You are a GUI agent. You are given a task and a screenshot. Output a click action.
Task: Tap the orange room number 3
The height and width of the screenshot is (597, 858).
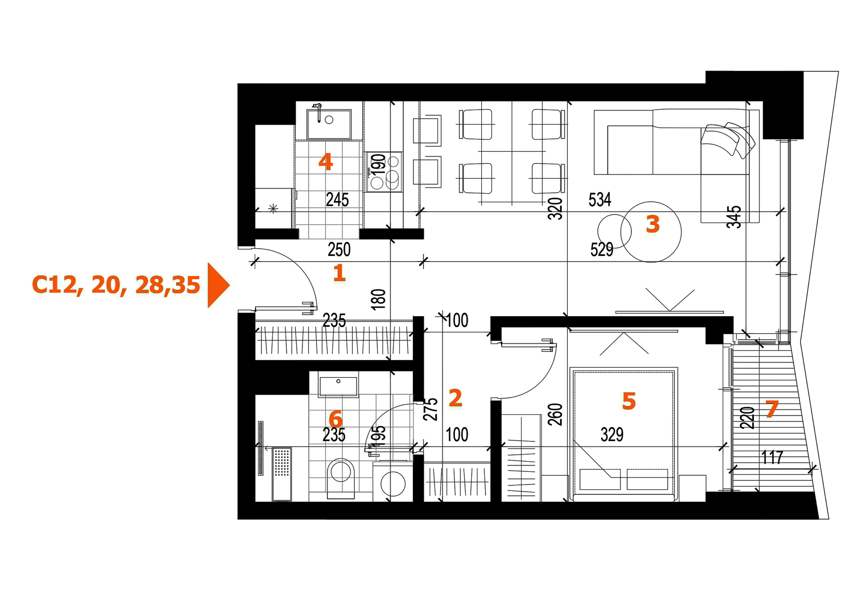(653, 224)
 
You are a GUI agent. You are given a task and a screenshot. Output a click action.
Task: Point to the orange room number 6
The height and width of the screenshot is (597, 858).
(335, 419)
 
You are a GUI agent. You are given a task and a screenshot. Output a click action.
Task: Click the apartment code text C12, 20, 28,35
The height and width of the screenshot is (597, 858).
(116, 285)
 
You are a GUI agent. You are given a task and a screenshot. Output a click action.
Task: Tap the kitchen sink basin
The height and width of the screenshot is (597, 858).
(329, 124)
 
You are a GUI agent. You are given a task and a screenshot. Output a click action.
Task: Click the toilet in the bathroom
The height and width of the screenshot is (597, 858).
(341, 478)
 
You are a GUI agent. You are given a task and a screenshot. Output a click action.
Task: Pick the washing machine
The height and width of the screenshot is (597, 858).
(393, 483)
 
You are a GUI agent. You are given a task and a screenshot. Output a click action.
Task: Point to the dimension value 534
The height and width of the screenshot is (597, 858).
(600, 200)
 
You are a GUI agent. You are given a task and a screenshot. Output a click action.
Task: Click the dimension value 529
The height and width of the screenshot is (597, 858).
(602, 250)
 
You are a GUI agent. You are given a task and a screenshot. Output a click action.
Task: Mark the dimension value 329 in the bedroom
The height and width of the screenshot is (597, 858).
(612, 435)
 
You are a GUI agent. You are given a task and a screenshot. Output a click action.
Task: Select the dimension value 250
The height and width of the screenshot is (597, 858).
(339, 250)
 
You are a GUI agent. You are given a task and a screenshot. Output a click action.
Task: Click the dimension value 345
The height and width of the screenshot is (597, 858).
(734, 217)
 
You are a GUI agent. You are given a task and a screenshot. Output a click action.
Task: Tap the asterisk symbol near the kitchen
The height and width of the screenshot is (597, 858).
(273, 208)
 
